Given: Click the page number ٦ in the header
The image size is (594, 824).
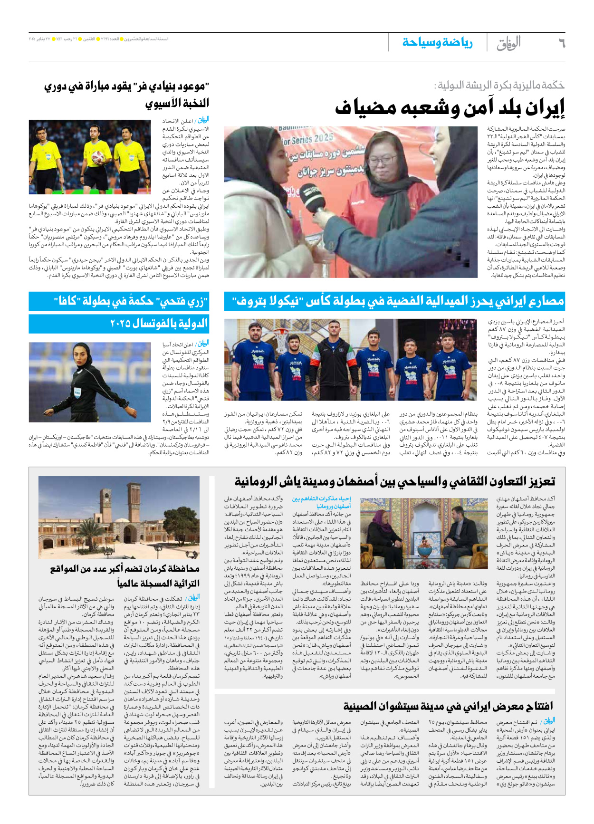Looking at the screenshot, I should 561,43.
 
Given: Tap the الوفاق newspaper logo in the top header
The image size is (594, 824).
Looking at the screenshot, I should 508,43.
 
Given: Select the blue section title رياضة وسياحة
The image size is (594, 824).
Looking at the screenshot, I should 437,43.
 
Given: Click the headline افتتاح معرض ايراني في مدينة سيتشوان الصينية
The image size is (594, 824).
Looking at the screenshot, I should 448,706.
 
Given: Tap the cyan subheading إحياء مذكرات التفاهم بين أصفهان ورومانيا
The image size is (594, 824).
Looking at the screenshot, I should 321,502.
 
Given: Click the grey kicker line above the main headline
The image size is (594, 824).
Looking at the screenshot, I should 499,86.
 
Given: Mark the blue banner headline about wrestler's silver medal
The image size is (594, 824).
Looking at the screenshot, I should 394,301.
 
